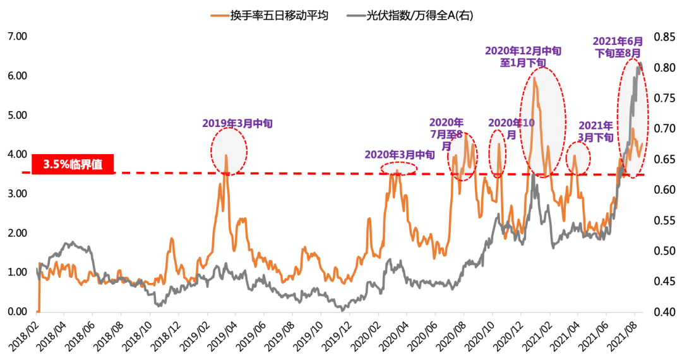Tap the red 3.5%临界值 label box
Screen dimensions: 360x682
coord(72,164)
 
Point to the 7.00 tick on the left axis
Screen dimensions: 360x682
coord(17,37)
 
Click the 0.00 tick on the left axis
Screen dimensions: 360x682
coord(17,311)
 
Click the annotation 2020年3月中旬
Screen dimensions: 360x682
coord(400,154)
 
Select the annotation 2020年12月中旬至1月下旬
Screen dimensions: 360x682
coord(522,56)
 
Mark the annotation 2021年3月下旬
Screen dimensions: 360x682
coord(595,131)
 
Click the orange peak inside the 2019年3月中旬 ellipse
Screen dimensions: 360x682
coord(226,155)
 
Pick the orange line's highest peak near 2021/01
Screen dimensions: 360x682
coord(535,78)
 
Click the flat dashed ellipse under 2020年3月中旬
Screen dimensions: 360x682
coord(398,168)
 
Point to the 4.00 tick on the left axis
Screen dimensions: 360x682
coord(17,154)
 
